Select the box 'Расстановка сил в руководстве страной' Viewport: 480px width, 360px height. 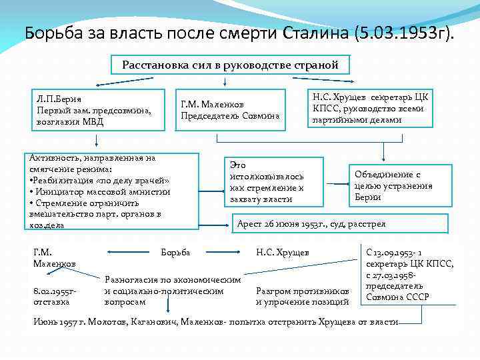pyautogui.click(x=230, y=65)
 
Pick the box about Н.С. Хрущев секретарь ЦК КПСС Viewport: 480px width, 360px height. pyautogui.click(x=371, y=109)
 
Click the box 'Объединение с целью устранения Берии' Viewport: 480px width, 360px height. pyautogui.click(x=394, y=185)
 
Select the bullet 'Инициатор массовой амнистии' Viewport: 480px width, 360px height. pyautogui.click(x=100, y=191)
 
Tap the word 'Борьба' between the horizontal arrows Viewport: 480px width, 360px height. pyautogui.click(x=176, y=253)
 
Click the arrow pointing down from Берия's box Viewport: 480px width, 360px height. pyautogui.click(x=97, y=139)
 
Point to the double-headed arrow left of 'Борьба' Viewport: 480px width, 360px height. pyautogui.click(x=129, y=253)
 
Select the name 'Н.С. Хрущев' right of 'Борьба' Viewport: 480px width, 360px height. pyautogui.click(x=282, y=253)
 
